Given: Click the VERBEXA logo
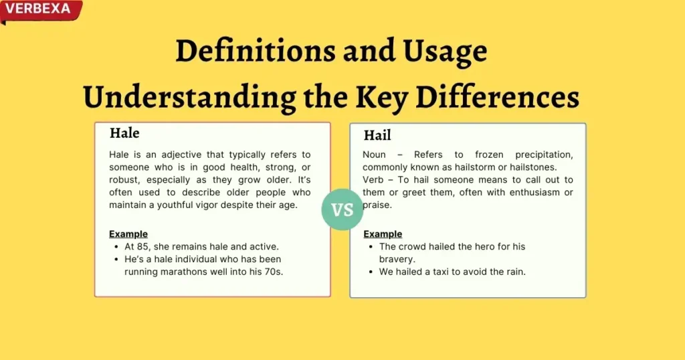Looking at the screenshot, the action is click(41, 11).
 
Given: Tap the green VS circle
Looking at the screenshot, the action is click(342, 209).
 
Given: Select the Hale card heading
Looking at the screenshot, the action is click(124, 132).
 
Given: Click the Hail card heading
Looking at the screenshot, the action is click(377, 135).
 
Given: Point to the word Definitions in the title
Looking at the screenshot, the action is click(255, 51).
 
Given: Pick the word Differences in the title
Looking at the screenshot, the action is click(497, 97).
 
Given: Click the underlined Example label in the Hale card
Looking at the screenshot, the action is click(128, 234).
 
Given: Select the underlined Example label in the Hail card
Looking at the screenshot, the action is click(383, 234).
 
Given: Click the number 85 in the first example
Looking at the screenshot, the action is click(142, 246).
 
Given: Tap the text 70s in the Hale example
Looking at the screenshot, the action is click(274, 272).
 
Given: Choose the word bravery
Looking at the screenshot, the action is click(397, 259).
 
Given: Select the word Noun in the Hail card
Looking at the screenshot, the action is click(374, 155).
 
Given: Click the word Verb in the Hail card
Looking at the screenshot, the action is click(373, 179).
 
